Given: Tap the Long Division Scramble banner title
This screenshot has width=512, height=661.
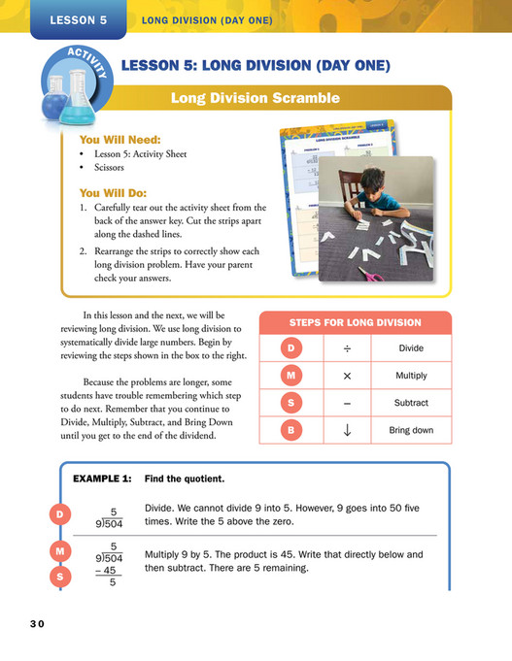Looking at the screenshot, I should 255,98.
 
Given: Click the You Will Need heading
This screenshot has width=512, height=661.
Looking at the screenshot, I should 124,139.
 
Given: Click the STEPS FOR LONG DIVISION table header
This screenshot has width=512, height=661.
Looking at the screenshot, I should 356,322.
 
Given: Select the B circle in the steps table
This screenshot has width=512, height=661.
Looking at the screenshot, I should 291,429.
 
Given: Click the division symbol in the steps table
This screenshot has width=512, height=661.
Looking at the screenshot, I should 347,348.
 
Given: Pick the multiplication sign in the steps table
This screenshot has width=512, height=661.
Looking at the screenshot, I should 347,376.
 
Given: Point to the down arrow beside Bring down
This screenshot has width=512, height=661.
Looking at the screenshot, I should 347,429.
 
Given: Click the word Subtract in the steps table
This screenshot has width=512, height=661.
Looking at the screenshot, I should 412,403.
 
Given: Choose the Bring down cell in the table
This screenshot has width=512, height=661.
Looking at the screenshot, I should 412,430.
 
